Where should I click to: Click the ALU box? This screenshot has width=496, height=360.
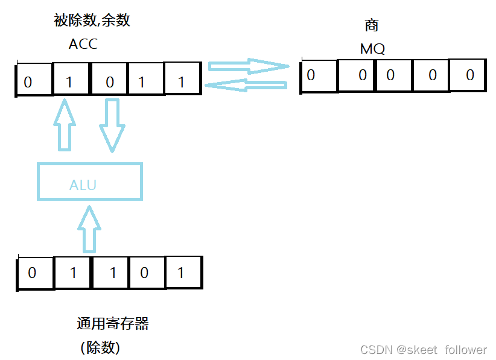pyautogui.click(x=89, y=182)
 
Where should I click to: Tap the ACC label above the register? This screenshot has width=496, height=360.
pyautogui.click(x=83, y=44)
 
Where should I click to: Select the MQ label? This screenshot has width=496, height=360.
pyautogui.click(x=372, y=49)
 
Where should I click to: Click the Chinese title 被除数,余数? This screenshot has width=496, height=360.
pyautogui.click(x=92, y=21)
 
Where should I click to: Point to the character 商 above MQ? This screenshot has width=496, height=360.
pyautogui.click(x=372, y=26)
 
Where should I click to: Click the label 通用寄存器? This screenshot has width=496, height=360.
pyautogui.click(x=112, y=324)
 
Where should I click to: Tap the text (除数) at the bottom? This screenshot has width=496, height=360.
pyautogui.click(x=100, y=347)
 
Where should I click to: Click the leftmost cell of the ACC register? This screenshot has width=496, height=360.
pyautogui.click(x=34, y=80)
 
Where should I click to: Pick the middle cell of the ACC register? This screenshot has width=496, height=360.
pyautogui.click(x=109, y=80)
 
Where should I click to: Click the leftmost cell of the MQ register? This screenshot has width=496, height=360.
pyautogui.click(x=318, y=75)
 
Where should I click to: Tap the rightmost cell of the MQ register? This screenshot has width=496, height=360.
pyautogui.click(x=468, y=75)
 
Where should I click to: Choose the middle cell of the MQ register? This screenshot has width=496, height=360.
pyautogui.click(x=393, y=75)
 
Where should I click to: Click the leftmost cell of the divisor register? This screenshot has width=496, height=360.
pyautogui.click(x=36, y=273)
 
